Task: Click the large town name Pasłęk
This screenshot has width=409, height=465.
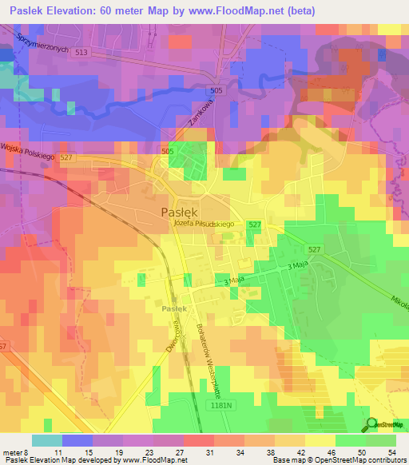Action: click(181, 212)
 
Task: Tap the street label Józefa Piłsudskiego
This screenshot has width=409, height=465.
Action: click(203, 225)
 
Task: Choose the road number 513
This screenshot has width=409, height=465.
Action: click(77, 53)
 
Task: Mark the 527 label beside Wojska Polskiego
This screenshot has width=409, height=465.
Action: click(66, 158)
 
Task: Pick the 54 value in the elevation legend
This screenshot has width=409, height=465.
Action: click(391, 451)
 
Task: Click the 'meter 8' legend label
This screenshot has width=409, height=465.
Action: click(16, 451)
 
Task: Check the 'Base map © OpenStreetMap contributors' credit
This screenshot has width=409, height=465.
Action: click(339, 460)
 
